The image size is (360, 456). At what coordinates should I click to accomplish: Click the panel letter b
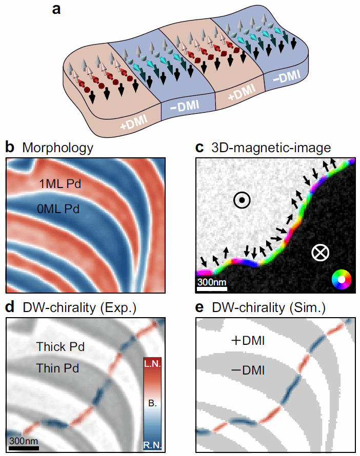click(10, 148)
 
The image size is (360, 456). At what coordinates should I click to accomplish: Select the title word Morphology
click(57, 149)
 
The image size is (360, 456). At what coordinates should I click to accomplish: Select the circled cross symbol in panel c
click(321, 252)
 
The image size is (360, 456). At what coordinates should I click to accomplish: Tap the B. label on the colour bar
click(153, 404)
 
